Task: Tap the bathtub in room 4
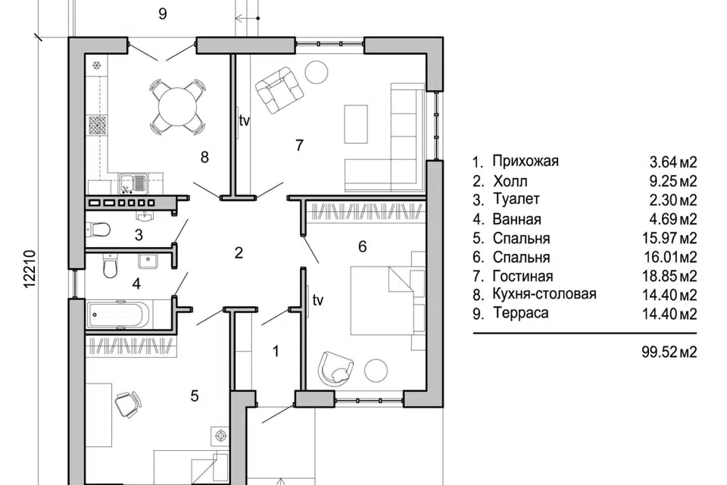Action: [x=121, y=313]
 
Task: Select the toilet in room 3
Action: [x=100, y=228]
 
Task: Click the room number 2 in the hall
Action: [x=239, y=253]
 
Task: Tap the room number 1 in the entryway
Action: [x=276, y=351]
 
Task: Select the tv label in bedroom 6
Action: [x=318, y=300]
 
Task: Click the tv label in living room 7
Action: [x=245, y=120]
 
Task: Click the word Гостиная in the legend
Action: [x=523, y=276]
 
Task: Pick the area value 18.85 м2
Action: [x=666, y=276]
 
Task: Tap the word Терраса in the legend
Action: [x=520, y=313]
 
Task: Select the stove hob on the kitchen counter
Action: [x=97, y=125]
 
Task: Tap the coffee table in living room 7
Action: [x=356, y=124]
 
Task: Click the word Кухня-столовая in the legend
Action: [x=544, y=294]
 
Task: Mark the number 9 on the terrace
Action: [x=162, y=14]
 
